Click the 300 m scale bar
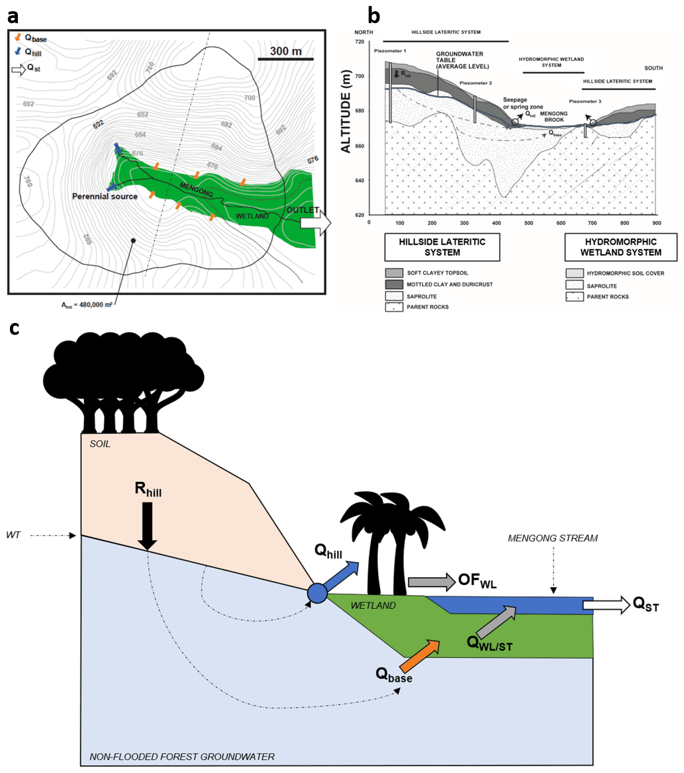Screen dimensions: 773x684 click(285, 60)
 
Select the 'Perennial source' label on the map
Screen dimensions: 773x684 click(105, 197)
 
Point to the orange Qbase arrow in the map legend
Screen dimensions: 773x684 click(17, 38)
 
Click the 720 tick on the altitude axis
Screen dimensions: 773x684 click(360, 42)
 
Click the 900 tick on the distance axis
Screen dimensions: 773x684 click(654, 223)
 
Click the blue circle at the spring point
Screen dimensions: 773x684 click(317, 593)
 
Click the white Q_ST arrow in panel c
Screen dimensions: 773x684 click(605, 604)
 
